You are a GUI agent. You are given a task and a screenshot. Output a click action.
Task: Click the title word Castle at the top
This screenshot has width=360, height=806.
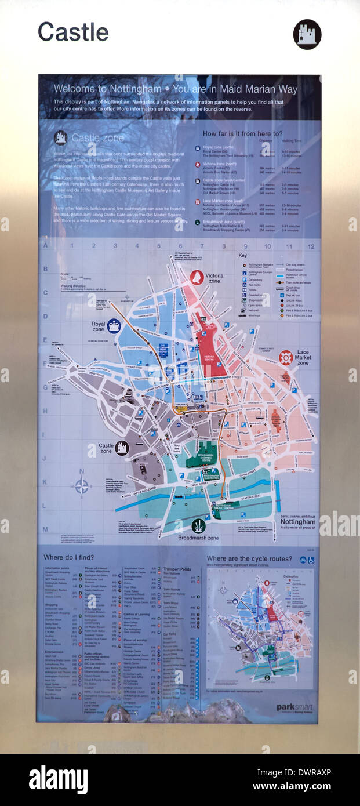[73, 32]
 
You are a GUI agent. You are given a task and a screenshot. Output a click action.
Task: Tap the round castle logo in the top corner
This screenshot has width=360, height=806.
[307, 34]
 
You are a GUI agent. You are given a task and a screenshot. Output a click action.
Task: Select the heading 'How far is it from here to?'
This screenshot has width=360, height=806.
[242, 133]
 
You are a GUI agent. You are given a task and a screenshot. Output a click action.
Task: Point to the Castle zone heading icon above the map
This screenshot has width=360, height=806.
[60, 137]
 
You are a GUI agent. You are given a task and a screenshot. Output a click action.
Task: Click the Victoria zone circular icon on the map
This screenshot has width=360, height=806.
[197, 277]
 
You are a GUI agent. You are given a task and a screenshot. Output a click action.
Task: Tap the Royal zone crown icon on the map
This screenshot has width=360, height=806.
[114, 325]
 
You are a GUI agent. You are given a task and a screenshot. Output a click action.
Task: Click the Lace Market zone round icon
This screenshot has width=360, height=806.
[286, 357]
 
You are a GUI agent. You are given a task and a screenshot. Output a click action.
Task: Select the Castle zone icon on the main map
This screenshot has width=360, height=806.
[122, 448]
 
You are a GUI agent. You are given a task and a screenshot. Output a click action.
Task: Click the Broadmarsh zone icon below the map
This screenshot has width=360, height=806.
[198, 526]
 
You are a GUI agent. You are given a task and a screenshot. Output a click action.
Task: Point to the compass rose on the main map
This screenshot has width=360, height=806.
[82, 486]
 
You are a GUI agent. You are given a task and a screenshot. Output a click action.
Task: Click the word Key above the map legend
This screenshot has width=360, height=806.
[243, 255]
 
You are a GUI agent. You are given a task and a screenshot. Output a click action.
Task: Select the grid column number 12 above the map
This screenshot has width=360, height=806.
[311, 246]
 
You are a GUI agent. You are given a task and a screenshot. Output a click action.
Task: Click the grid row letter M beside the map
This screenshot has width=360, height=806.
[45, 529]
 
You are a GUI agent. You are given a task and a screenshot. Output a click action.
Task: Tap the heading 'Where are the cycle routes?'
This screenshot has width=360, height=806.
[249, 559]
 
